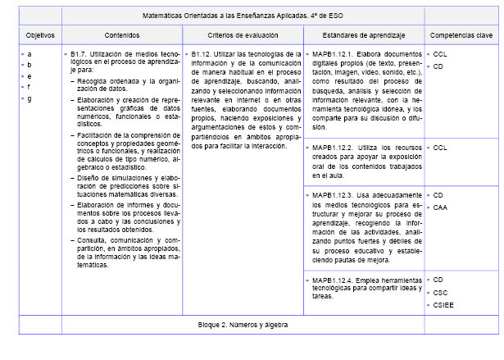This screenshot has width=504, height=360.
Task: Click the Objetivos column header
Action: (40, 36)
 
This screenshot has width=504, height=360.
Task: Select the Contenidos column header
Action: (122, 36)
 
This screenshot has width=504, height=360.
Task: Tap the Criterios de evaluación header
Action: (243, 36)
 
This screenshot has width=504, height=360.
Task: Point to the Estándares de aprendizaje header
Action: (364, 36)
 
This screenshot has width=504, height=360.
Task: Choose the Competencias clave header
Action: (461, 36)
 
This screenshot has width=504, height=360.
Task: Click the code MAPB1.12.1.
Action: (334, 53)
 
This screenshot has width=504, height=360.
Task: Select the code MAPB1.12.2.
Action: (334, 148)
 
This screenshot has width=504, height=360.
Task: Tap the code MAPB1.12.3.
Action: (334, 195)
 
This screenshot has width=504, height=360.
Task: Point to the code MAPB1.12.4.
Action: (334, 280)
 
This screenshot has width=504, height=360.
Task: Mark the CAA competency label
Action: (440, 208)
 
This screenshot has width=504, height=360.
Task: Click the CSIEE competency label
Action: (443, 306)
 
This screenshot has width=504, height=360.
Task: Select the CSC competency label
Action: (440, 293)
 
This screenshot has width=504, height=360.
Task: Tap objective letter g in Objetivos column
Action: (30, 99)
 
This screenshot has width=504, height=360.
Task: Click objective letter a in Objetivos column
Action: (30, 53)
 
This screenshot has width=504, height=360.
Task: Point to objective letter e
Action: (30, 76)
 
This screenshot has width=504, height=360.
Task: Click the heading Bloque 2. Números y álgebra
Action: (243, 325)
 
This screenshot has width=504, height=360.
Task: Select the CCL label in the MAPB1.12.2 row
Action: (440, 148)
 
